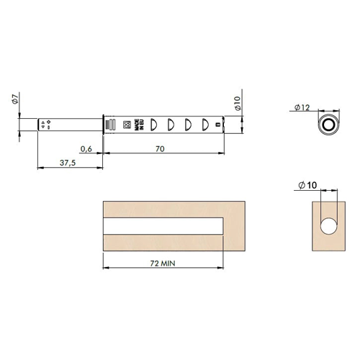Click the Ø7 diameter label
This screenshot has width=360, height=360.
click(x=15, y=99)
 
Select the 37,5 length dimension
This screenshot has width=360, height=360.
click(x=68, y=163)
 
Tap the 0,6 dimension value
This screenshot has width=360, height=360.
click(x=86, y=149)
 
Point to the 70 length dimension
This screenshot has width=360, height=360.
click(x=160, y=149)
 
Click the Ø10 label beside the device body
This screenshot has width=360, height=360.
click(x=237, y=103)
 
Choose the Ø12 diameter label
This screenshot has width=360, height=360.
click(x=302, y=107)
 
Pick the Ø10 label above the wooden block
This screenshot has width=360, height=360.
click(x=307, y=185)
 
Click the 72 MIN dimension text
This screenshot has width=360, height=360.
click(x=163, y=264)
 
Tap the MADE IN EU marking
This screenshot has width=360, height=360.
click(x=139, y=125)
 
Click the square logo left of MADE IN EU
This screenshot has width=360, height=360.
click(x=127, y=125)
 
